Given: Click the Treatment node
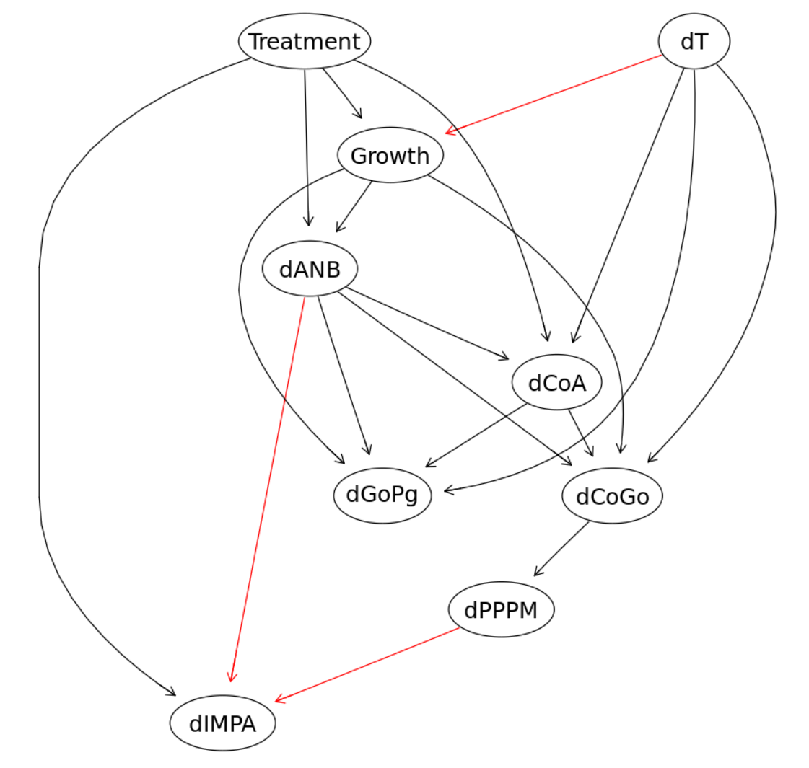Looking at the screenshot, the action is tap(305, 41).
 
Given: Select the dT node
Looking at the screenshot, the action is tap(694, 41).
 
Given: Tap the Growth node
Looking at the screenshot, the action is tap(390, 155).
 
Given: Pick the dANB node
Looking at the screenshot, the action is tap(310, 268).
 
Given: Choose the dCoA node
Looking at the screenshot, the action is tap(556, 382).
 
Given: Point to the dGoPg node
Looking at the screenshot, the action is tap(382, 496).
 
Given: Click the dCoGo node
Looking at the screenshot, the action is tap(613, 496).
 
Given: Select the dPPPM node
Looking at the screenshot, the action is tap(501, 610).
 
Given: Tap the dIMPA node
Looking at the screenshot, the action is tap(222, 723).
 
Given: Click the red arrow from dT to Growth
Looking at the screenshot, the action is tap(553, 94).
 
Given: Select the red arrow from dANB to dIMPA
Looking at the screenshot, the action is tap(267, 489).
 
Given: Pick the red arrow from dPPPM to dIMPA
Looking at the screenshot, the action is tap(367, 665).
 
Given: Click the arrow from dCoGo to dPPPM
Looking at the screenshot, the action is tap(561, 549).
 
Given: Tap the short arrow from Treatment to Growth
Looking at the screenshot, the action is tap(343, 93).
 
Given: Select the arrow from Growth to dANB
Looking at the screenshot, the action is tap(354, 207).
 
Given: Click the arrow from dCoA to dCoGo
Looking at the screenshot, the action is tap(581, 433).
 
